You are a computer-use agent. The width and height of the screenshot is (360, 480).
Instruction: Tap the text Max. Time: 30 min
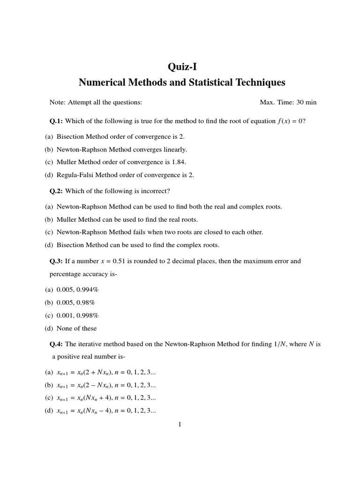(291, 102)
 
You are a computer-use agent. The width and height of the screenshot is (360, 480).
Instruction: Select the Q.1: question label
(56, 121)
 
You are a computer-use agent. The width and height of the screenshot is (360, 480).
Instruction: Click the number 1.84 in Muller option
(178, 162)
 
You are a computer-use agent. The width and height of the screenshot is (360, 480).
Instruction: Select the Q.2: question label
(56, 191)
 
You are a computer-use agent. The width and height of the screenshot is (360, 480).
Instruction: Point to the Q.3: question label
(56, 261)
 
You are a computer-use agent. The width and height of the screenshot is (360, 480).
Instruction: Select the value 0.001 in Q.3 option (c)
(64, 315)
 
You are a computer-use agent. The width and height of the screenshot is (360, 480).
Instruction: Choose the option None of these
(76, 328)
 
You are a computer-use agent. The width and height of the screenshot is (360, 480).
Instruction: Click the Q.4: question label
(56, 344)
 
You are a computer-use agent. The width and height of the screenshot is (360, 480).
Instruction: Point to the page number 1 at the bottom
(180, 425)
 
